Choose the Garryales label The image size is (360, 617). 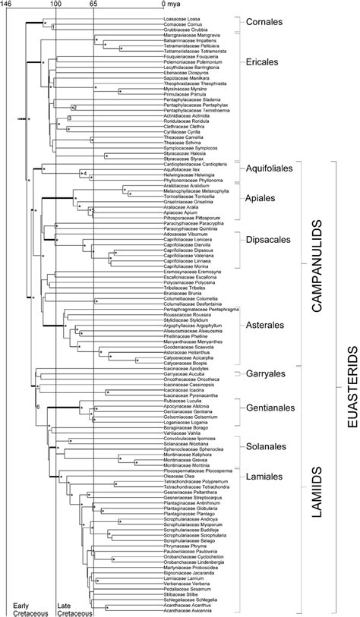[x=265, y=375]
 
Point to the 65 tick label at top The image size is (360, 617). [x=93, y=5]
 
